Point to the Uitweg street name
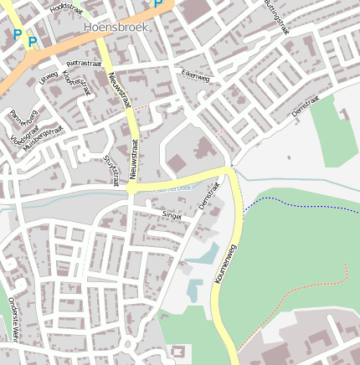[49, 78]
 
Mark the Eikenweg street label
[195, 75]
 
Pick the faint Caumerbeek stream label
[172, 188]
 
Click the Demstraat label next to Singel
[208, 197]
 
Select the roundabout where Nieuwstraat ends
[131, 190]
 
